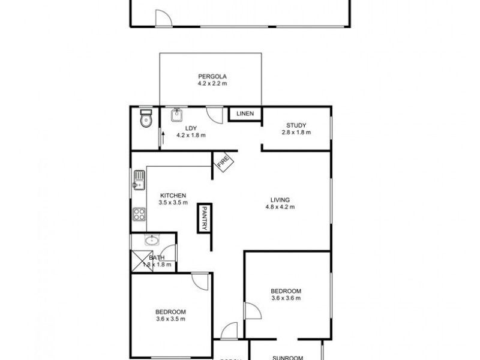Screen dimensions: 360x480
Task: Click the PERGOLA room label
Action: coord(211,76)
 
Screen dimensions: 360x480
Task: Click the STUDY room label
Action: coord(296,125)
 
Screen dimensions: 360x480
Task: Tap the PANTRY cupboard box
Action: coord(204,217)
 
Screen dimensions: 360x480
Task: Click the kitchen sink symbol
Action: coord(139,179)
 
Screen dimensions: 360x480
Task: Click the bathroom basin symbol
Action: coord(152,241)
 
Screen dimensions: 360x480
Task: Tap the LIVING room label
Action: coord(280,200)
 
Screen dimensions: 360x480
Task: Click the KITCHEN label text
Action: coord(173,196)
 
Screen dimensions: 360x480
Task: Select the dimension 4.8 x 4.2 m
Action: coord(280,207)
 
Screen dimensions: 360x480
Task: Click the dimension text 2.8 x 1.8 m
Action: coord(296,132)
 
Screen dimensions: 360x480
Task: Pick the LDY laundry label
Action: coord(191,128)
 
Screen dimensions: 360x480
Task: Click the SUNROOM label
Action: coord(287,357)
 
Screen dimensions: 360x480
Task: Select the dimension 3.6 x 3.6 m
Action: coord(286,298)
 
